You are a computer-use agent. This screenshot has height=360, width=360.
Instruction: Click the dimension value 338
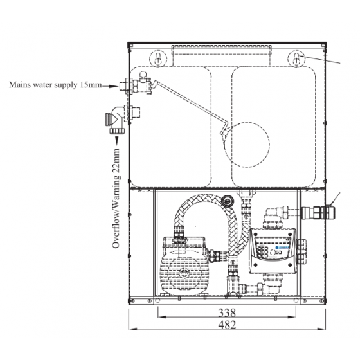coord(227,312)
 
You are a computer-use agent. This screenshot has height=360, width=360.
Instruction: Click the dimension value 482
coord(227,325)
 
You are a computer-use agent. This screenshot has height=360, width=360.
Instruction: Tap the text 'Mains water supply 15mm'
coord(55,85)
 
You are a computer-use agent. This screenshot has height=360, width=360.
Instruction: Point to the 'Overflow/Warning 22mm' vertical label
coord(116,198)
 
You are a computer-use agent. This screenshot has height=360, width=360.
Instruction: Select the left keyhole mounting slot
coord(157,59)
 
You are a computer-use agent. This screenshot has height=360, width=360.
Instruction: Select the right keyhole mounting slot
coord(296,59)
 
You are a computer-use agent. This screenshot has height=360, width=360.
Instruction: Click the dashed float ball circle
coord(247,145)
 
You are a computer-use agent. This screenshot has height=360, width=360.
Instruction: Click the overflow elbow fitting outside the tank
coord(115,120)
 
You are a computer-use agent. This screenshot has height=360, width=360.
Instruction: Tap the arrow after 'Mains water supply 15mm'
coord(111,86)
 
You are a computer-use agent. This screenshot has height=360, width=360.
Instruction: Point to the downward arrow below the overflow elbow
coord(117,140)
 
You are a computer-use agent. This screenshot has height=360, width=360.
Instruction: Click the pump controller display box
coord(273,250)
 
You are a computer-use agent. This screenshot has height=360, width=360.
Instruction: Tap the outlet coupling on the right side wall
coord(318,213)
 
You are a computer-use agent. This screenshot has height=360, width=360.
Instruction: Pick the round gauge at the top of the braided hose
coord(228,201)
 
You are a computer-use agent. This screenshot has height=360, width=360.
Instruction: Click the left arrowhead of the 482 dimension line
coord(133,329)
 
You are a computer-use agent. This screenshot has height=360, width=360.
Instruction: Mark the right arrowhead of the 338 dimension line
coord(292,317)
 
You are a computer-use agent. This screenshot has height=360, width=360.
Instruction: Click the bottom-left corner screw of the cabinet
coord(132,301)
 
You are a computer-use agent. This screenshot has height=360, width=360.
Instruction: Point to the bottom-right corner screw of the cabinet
coord(322,301)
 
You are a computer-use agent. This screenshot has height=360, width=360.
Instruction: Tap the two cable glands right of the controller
coord(301,249)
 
